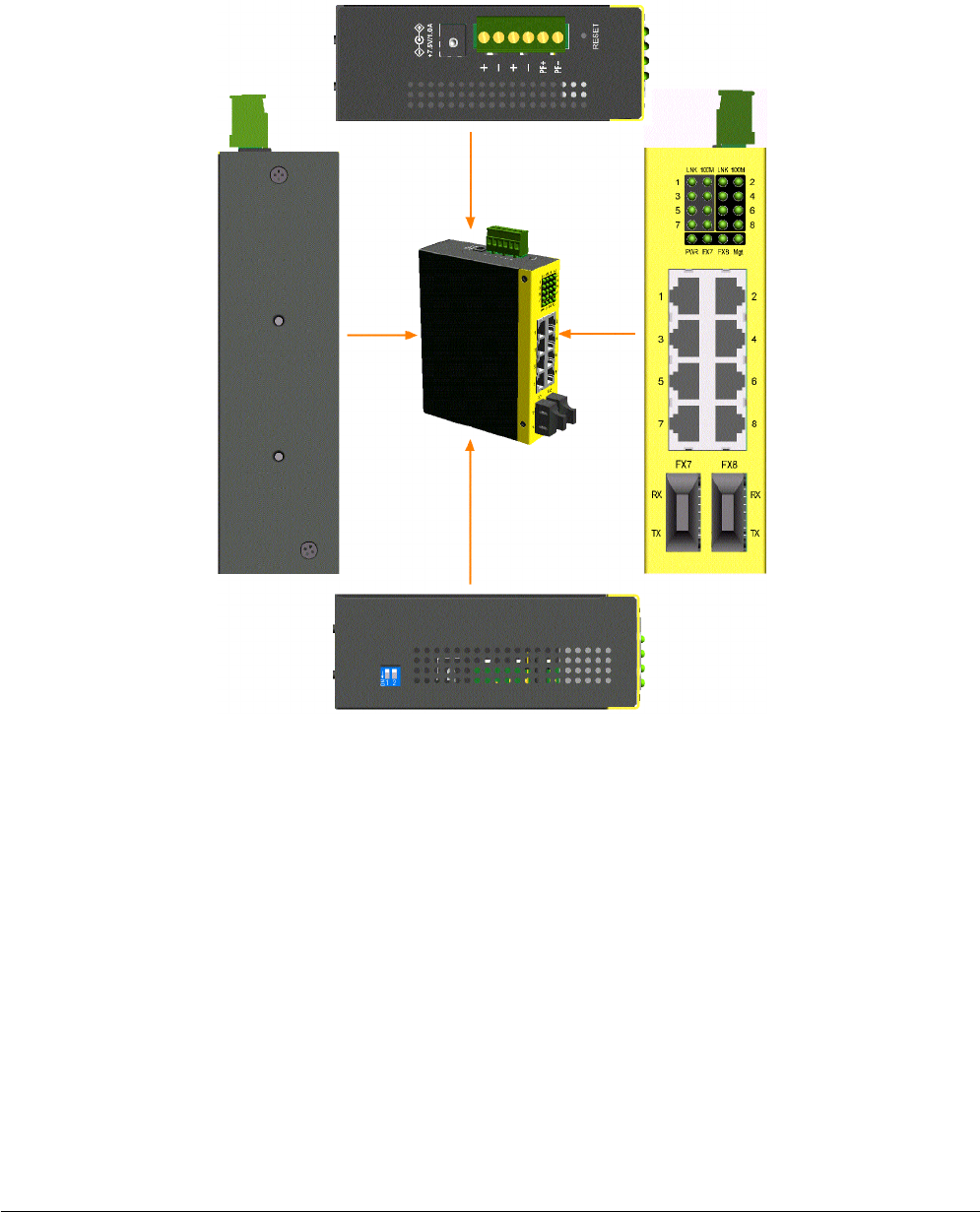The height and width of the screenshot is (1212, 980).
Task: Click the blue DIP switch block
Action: pos(391,674)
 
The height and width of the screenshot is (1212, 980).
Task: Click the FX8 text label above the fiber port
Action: pos(730,464)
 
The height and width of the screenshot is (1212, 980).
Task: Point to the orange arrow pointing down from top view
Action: pos(473,176)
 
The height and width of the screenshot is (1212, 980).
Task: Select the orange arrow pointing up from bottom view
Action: pos(473,512)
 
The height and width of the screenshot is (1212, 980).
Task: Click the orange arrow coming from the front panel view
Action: pos(602,335)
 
